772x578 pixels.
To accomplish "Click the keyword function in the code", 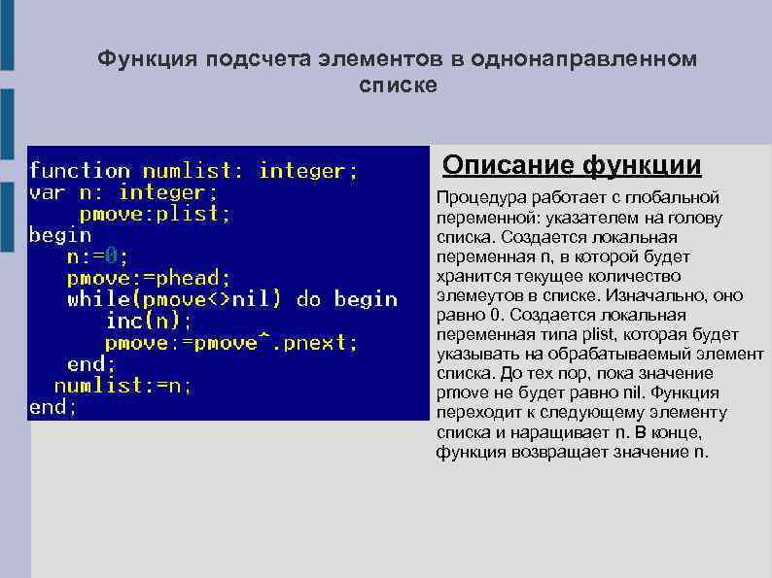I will click(x=80, y=171).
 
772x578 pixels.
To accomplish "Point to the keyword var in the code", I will click(x=48, y=192).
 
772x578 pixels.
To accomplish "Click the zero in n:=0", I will click(x=112, y=257).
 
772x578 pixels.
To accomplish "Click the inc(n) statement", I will click(x=149, y=322).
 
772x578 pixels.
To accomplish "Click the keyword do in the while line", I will click(x=308, y=300).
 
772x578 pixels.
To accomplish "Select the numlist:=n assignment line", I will click(x=123, y=386).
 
